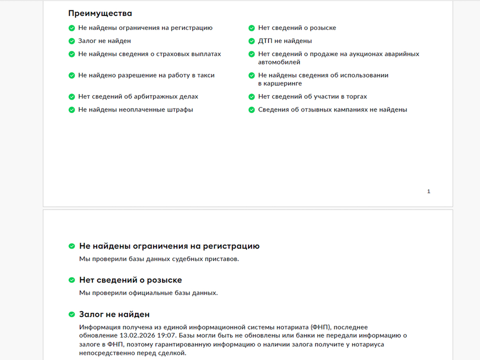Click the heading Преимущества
pyautogui.click(x=100, y=13)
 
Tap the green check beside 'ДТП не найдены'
pyautogui.click(x=251, y=41)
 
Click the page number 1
pyautogui.click(x=428, y=191)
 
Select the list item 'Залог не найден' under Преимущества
pyautogui.click(x=104, y=41)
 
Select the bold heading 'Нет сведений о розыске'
pyautogui.click(x=130, y=280)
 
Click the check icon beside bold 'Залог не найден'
pyautogui.click(x=71, y=314)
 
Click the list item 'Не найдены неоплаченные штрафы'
pyautogui.click(x=135, y=109)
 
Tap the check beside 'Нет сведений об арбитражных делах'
pyautogui.click(x=71, y=96)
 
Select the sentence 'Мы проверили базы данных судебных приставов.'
pyautogui.click(x=159, y=258)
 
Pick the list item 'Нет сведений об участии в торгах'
pyautogui.click(x=312, y=96)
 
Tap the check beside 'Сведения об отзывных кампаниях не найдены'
pyautogui.click(x=251, y=109)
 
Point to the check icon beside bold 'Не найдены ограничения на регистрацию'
pyautogui.click(x=71, y=246)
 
